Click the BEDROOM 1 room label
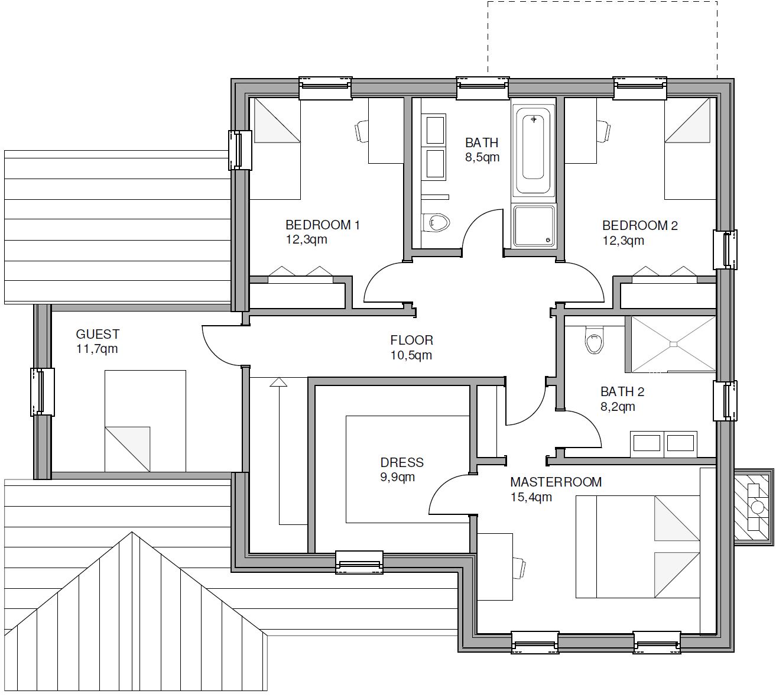point(323,225)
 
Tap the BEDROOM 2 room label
point(639,226)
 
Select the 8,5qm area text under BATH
point(482,157)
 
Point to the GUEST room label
point(98,334)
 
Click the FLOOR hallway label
point(412,341)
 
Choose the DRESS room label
point(402,462)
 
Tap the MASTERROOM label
point(556,482)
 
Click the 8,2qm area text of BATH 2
point(618,407)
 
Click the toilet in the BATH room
point(435,223)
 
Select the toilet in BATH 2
point(594,339)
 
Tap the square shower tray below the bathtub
point(534,226)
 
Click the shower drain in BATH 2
point(674,344)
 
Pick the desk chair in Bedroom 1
point(362,131)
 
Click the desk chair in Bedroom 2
point(603,131)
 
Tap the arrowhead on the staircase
point(278,382)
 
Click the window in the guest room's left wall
point(42,391)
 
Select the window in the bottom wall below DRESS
point(359,562)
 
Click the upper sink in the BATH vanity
point(435,130)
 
